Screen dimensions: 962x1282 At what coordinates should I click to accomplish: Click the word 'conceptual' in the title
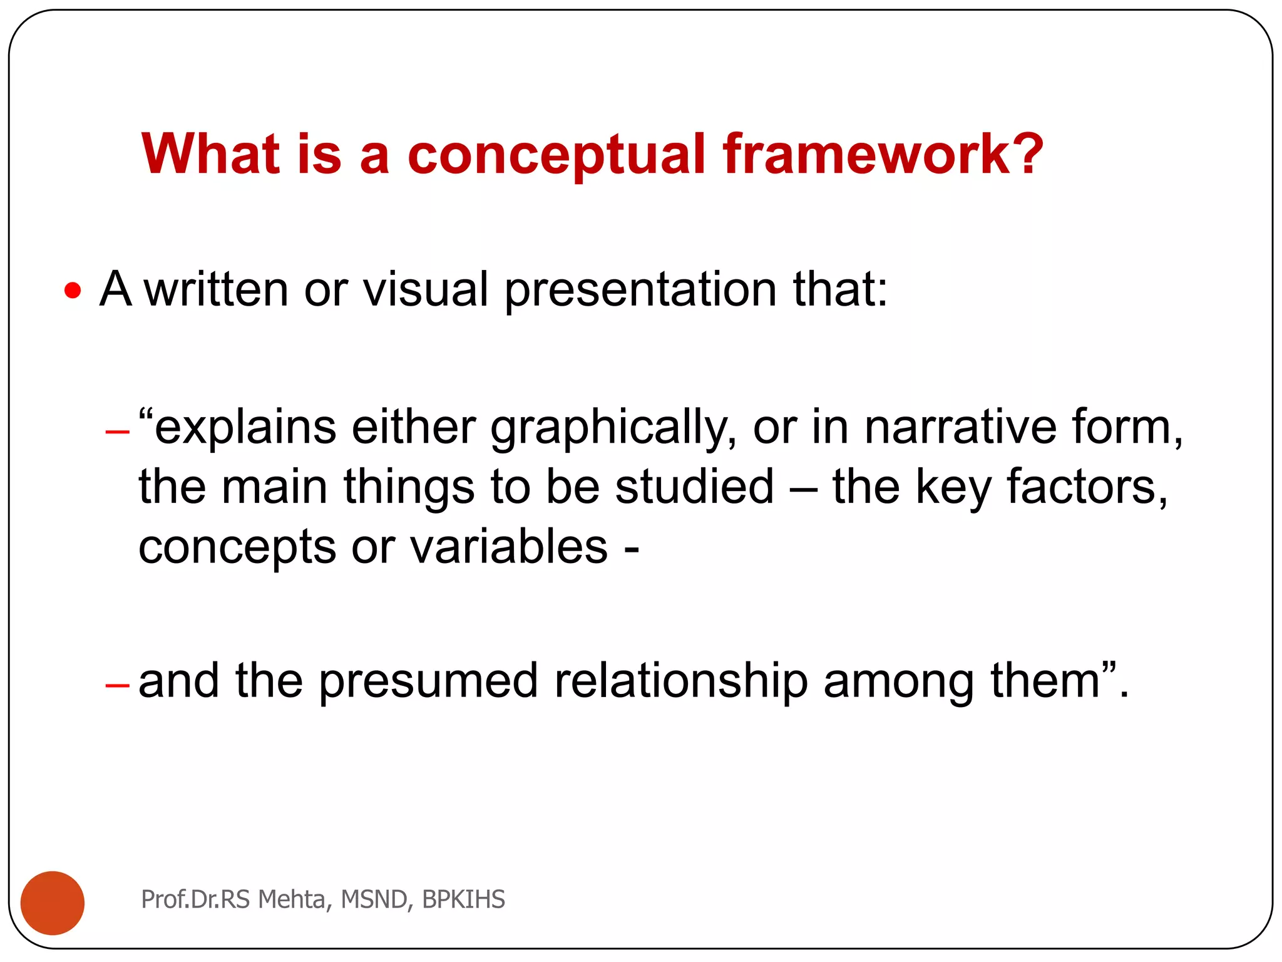(x=556, y=155)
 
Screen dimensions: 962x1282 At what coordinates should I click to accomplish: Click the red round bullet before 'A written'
(x=73, y=291)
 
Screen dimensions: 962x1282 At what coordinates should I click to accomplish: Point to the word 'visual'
(x=425, y=289)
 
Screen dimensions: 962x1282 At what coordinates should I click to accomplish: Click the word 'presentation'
(x=640, y=291)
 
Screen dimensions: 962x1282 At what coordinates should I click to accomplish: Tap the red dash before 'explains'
(x=117, y=432)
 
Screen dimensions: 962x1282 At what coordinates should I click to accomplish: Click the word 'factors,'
(x=1087, y=487)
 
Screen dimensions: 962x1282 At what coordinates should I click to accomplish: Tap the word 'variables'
(x=509, y=546)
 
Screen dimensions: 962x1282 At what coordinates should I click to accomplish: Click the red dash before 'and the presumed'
(x=117, y=686)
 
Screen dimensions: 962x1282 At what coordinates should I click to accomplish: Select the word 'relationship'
(x=681, y=681)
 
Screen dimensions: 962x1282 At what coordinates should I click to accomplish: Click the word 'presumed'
(x=428, y=683)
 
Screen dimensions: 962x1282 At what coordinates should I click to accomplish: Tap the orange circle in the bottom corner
(x=53, y=903)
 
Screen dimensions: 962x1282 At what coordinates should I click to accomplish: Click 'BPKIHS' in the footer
(x=463, y=899)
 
